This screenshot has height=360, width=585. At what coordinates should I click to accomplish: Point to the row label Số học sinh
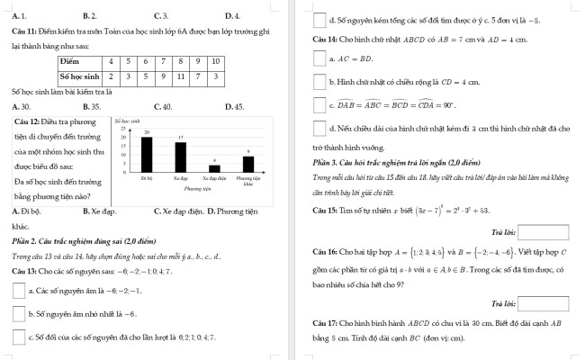pyautogui.click(x=78, y=76)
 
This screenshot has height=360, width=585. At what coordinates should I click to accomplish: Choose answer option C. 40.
pyautogui.click(x=162, y=106)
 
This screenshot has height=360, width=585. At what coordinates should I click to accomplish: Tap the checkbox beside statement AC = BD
pyautogui.click(x=319, y=59)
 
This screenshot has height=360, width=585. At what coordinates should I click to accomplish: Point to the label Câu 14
pyautogui.click(x=324, y=40)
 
